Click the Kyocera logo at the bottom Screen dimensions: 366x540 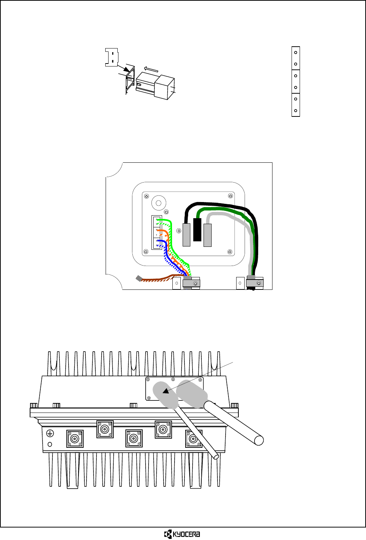click(x=182, y=534)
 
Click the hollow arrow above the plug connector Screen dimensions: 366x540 click(x=151, y=69)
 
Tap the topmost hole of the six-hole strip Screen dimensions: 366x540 click(x=296, y=53)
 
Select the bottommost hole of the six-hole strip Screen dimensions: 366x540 click(x=296, y=111)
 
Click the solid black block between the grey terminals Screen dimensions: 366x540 click(x=197, y=230)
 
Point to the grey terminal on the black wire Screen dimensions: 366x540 click(x=187, y=235)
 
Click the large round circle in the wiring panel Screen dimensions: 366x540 click(x=159, y=202)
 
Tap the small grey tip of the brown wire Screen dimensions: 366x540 click(x=139, y=278)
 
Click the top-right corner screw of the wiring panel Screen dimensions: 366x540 click(x=231, y=196)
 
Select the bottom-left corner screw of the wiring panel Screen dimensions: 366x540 click(x=146, y=252)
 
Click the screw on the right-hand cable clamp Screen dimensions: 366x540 click(x=259, y=283)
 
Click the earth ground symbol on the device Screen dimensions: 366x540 click(x=50, y=433)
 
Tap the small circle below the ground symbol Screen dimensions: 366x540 click(x=50, y=444)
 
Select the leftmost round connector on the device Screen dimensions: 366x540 click(x=75, y=439)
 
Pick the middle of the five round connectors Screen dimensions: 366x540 click(x=133, y=439)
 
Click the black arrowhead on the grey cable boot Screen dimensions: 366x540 click(x=166, y=391)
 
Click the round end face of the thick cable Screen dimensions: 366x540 click(x=259, y=440)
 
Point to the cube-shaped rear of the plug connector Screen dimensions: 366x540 click(x=164, y=87)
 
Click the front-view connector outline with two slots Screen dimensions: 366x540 click(x=112, y=57)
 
